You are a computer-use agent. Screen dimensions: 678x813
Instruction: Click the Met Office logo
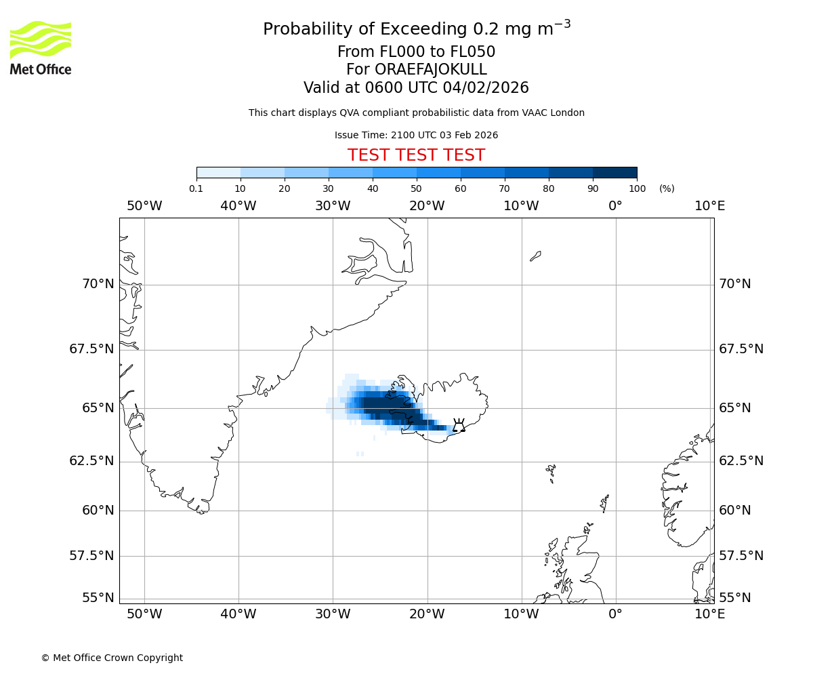pyautogui.click(x=41, y=47)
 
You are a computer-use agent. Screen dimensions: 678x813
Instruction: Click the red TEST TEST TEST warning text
pyautogui.click(x=416, y=155)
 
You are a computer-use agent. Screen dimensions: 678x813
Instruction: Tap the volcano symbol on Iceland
pyautogui.click(x=459, y=426)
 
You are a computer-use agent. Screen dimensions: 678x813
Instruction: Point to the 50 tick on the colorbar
pyautogui.click(x=416, y=188)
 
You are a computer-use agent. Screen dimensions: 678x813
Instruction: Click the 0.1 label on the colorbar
pyautogui.click(x=196, y=188)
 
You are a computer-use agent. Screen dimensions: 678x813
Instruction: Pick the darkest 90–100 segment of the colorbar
pyautogui.click(x=614, y=172)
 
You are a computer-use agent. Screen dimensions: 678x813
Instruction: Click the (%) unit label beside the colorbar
pyautogui.click(x=667, y=188)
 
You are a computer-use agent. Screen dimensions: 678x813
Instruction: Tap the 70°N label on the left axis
pyautogui.click(x=98, y=284)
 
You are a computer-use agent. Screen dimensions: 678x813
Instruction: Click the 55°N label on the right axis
pyautogui.click(x=735, y=598)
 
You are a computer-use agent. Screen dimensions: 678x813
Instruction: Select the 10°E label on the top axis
pyautogui.click(x=709, y=206)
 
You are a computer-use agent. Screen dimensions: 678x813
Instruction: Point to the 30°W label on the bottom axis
pyautogui.click(x=333, y=614)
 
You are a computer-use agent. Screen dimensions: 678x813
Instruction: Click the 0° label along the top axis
pyautogui.click(x=615, y=206)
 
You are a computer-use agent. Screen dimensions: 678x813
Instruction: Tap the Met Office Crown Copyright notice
pyautogui.click(x=112, y=658)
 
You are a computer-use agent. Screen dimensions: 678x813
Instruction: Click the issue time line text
pyautogui.click(x=416, y=135)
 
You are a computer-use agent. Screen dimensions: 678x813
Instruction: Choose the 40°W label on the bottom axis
pyautogui.click(x=238, y=614)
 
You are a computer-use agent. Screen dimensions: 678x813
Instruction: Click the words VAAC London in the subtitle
pyautogui.click(x=554, y=113)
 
